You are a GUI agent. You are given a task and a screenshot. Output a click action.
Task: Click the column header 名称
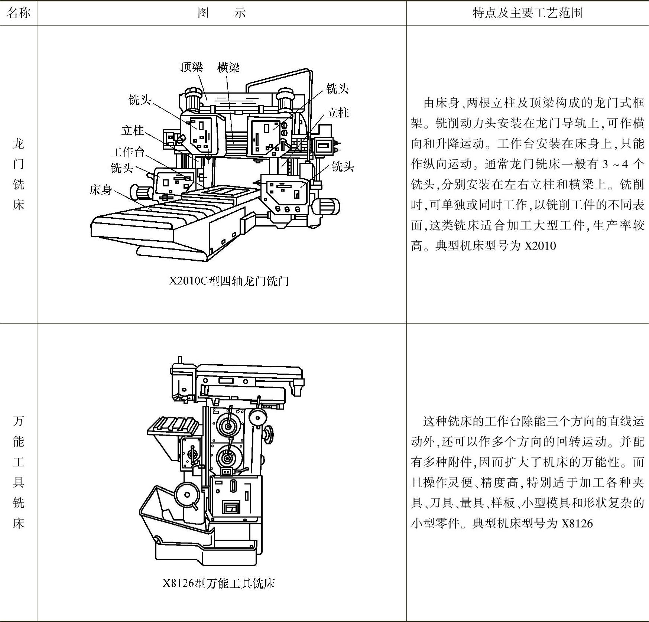tap(18, 13)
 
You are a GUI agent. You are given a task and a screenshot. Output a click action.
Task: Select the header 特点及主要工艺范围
tap(527, 13)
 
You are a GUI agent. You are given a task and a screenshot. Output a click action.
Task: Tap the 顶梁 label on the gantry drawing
tap(192, 67)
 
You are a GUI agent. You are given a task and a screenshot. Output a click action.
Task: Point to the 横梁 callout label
tap(228, 67)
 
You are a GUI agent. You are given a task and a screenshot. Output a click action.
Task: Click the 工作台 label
tap(127, 152)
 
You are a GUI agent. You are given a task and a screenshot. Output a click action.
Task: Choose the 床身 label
tap(101, 190)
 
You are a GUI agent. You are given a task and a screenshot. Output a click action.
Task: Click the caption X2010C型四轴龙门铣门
tap(229, 281)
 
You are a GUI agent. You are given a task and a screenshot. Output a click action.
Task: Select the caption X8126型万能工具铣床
tap(219, 583)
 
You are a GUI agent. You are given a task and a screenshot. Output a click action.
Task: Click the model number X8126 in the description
tap(577, 524)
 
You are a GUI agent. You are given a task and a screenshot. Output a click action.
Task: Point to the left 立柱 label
tap(133, 130)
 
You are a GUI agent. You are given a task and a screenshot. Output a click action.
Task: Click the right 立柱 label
tap(338, 113)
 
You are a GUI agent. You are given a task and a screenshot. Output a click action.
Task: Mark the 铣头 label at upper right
tap(337, 89)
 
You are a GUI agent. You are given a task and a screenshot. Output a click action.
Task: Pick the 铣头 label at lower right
tap(343, 166)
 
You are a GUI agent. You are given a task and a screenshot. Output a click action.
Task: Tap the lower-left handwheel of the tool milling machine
tap(187, 495)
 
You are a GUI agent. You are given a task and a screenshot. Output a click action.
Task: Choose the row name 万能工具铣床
tap(18, 472)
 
